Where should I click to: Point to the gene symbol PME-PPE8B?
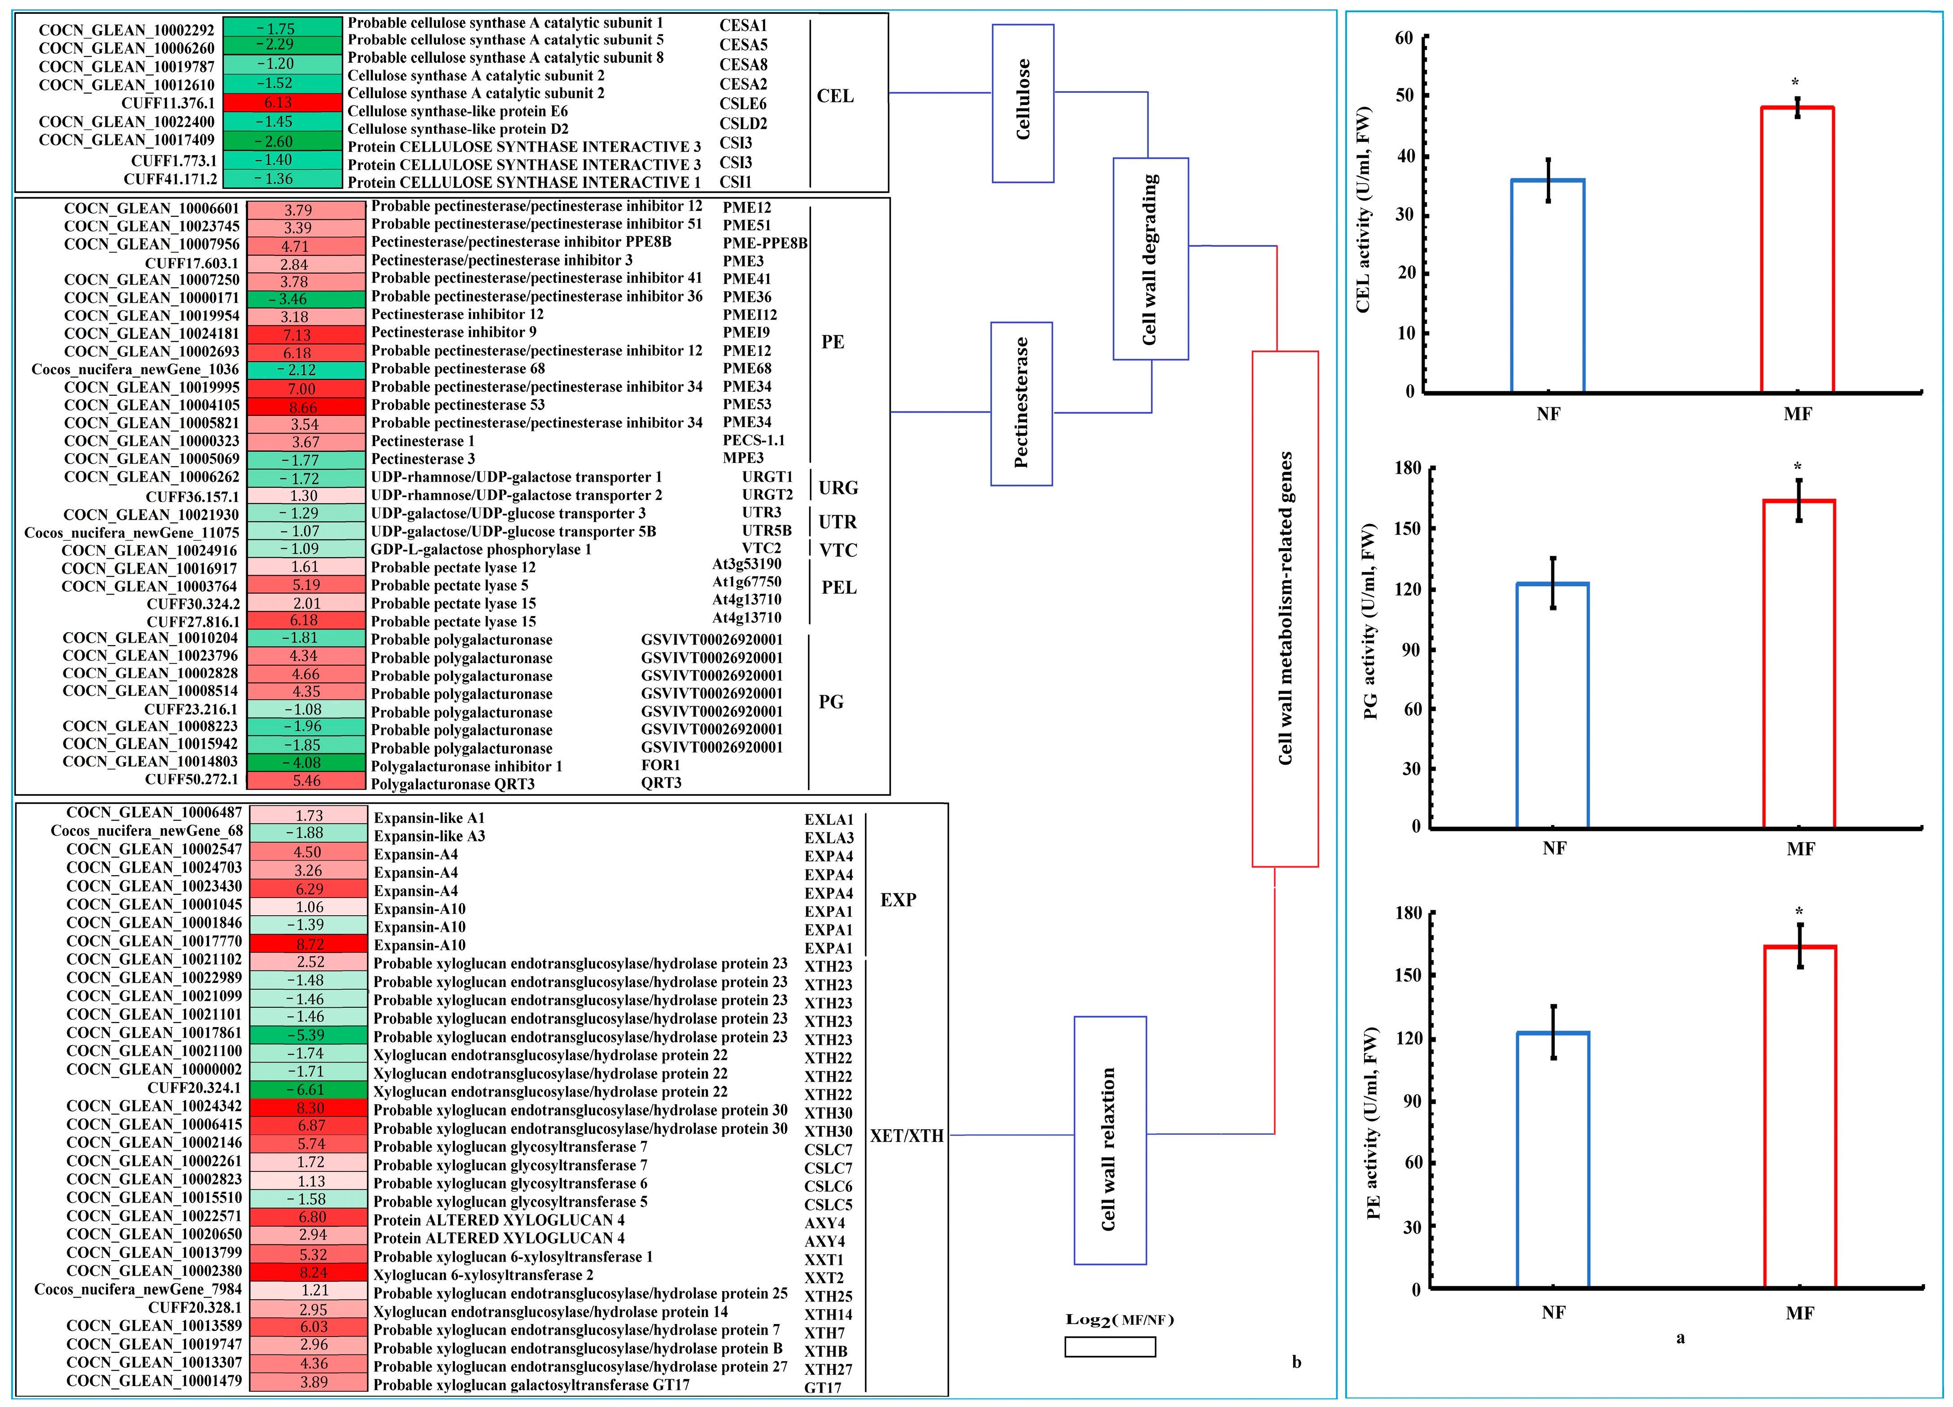coord(765,243)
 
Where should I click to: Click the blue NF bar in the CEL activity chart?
coord(1548,286)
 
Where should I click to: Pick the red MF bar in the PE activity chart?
coord(1800,1117)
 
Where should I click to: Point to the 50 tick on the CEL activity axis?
coord(1404,96)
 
